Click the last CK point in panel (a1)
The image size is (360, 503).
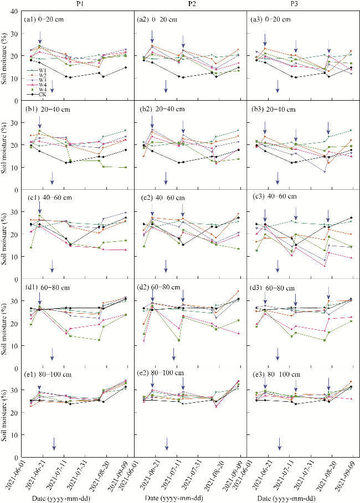click(126, 68)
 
